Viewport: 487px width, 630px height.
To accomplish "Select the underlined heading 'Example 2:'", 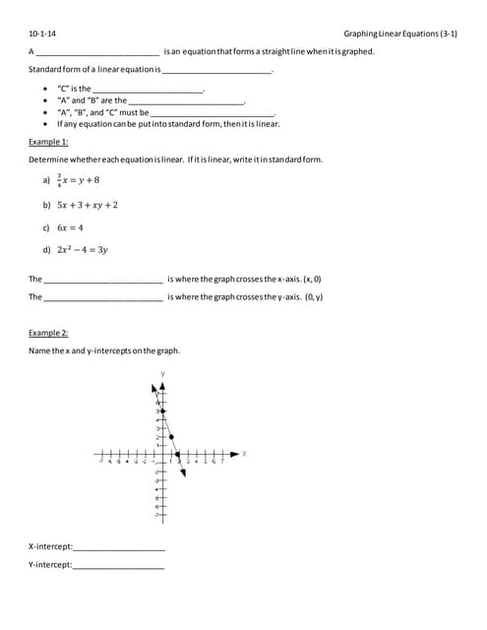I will coord(48,333).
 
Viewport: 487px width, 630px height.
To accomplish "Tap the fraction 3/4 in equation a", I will coord(60,180).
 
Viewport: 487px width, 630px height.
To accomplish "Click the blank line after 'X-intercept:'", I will coord(119,547).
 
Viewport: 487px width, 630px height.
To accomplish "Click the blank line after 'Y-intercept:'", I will coord(119,566).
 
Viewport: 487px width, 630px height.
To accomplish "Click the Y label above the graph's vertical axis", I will coord(162,373).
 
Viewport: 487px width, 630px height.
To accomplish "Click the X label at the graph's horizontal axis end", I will coord(244,454).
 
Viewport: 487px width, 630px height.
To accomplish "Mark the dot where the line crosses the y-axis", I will coord(162,409).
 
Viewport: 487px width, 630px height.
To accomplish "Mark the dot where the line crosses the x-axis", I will coord(177,455).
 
